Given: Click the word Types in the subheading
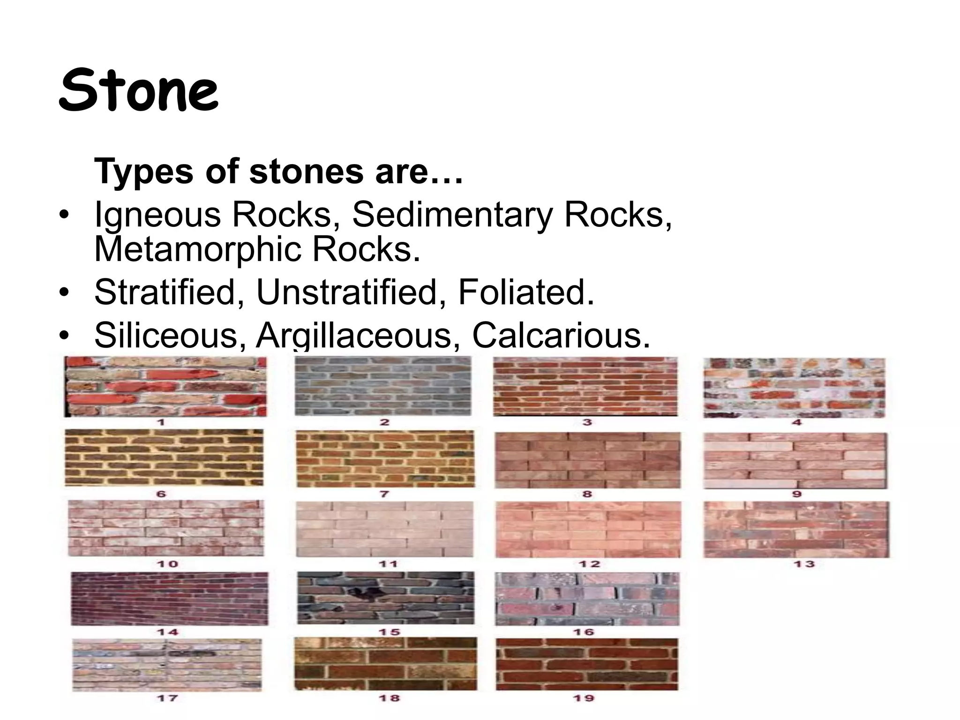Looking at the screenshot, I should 143,171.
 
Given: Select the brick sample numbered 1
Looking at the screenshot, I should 165,386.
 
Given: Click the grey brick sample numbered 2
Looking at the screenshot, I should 383,385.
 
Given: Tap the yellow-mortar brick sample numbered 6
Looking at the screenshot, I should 164,457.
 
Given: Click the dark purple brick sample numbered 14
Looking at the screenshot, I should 169,598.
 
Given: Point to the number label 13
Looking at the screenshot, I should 804,563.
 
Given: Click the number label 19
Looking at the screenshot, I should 584,698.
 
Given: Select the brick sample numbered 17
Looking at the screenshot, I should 167,665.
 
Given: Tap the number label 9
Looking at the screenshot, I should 797,494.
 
